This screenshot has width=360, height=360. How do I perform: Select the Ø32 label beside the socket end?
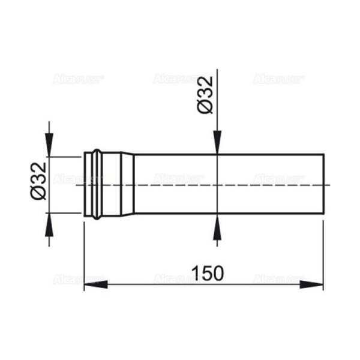38,184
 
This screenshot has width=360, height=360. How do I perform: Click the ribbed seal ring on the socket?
94,184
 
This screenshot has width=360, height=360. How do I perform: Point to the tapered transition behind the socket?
127,184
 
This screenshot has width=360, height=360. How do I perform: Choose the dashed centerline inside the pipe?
228,185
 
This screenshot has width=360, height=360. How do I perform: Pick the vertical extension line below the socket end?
83,252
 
